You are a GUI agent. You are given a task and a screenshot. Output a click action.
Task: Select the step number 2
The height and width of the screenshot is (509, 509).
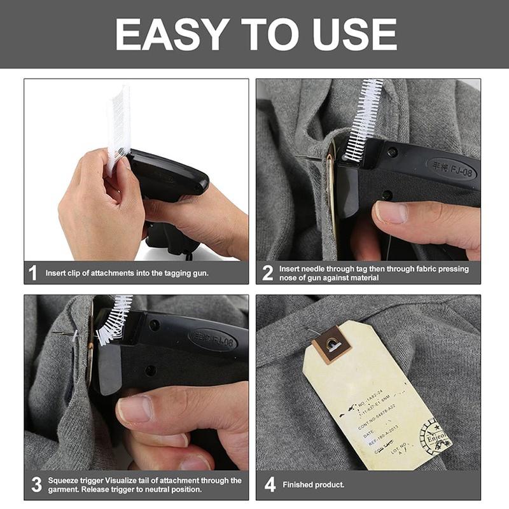[268, 273]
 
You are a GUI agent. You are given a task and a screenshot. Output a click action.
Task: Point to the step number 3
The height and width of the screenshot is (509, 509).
[36, 485]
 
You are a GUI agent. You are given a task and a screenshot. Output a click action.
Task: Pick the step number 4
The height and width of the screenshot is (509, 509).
[270, 485]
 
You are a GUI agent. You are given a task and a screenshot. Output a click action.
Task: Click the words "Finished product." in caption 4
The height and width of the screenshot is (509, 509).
[313, 485]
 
